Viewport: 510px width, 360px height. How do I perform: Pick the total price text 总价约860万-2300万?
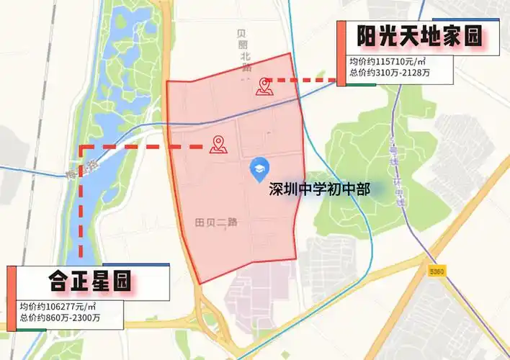point(61,318)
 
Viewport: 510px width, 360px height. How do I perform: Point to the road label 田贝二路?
point(217,222)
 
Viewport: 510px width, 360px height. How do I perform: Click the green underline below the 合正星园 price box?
point(32,329)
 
